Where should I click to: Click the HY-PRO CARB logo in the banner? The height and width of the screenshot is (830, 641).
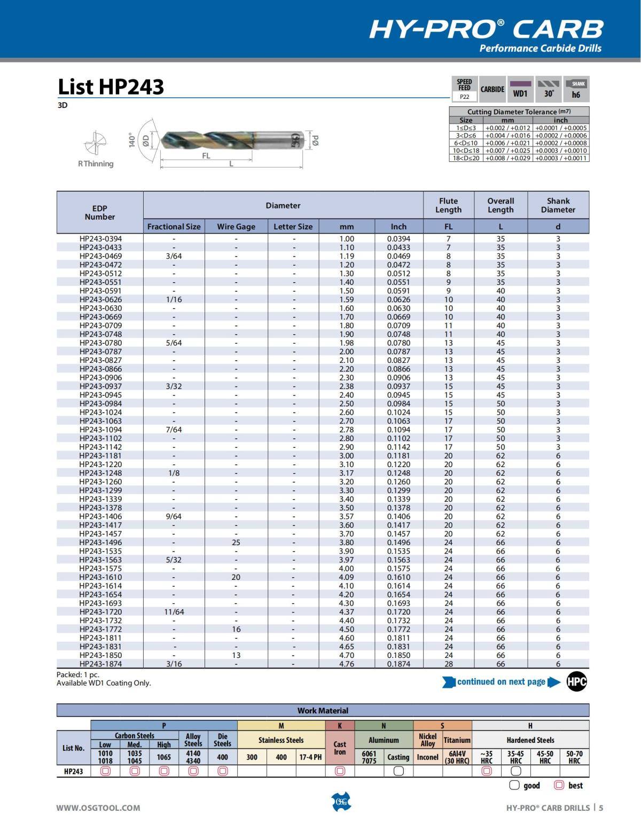pyautogui.click(x=486, y=30)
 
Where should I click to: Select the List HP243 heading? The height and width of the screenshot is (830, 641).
pyautogui.click(x=111, y=87)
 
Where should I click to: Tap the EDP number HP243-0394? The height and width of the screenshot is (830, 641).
pyautogui.click(x=100, y=239)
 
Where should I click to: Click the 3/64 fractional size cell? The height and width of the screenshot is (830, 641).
pyautogui.click(x=174, y=256)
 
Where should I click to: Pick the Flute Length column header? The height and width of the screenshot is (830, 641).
pyautogui.click(x=448, y=205)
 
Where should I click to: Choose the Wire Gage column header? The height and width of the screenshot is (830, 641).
pyautogui.click(x=236, y=227)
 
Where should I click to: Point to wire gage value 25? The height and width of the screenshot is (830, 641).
pyautogui.click(x=236, y=542)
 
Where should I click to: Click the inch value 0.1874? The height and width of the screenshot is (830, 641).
pyautogui.click(x=398, y=664)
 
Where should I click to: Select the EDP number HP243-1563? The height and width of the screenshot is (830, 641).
pyautogui.click(x=100, y=560)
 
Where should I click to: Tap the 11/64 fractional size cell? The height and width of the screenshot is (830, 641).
pyautogui.click(x=174, y=612)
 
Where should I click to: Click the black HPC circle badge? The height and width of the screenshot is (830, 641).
pyautogui.click(x=576, y=682)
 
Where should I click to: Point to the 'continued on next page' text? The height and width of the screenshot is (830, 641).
pyautogui.click(x=501, y=682)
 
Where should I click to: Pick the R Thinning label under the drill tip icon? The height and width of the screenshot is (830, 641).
pyautogui.click(x=96, y=164)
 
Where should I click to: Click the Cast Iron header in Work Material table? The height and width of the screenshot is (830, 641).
pyautogui.click(x=340, y=748)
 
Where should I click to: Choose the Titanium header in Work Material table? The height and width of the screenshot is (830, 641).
pyautogui.click(x=457, y=740)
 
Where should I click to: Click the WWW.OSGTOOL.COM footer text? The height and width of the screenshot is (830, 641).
pyautogui.click(x=98, y=808)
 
